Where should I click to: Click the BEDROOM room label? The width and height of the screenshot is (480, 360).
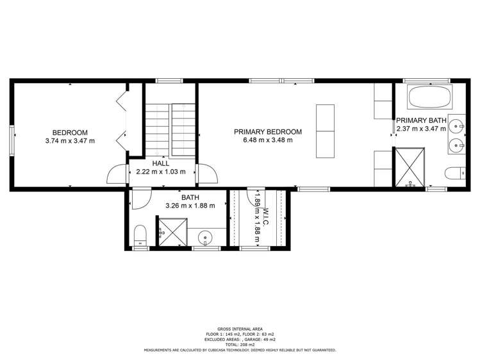click(70, 132)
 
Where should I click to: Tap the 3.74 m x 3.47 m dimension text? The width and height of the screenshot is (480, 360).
click(70, 140)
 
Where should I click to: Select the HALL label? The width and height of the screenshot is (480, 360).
click(161, 163)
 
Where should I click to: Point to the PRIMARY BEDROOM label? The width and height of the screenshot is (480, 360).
click(268, 132)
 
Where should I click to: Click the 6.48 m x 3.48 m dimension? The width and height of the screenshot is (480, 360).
click(268, 140)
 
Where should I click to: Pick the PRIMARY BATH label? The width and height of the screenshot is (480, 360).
click(420, 120)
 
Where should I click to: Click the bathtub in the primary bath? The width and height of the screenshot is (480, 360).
click(430, 97)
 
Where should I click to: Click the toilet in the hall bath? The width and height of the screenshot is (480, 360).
click(140, 236)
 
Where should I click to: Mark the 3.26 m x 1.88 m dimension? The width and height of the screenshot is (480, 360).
click(190, 206)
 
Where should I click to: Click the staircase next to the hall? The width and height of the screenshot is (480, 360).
click(170, 128)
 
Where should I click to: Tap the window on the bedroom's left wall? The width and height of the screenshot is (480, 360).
click(11, 140)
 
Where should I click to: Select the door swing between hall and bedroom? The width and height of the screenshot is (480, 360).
click(118, 175)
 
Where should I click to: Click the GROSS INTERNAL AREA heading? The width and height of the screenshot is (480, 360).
click(240, 329)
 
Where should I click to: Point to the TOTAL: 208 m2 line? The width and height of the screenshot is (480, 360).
click(240, 345)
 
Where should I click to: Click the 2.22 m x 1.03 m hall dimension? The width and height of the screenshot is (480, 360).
click(161, 172)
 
